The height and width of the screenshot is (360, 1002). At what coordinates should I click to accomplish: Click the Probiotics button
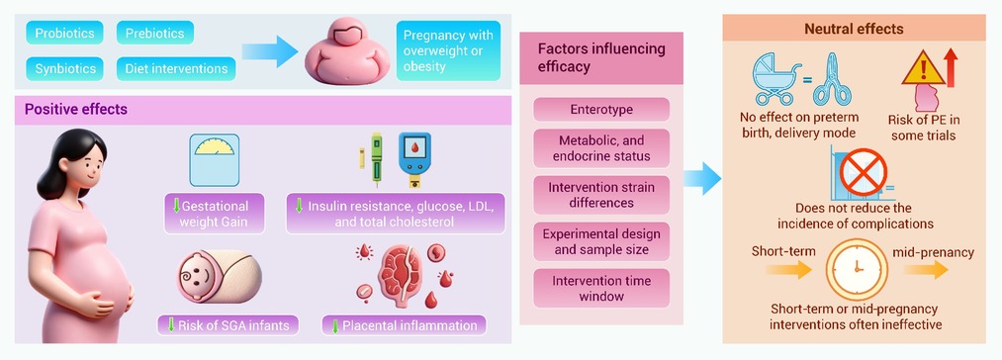64,33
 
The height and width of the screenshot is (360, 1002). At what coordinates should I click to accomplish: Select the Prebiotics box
155,33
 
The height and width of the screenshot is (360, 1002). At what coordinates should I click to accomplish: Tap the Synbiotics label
64,68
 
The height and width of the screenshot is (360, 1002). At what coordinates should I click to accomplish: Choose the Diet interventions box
176,68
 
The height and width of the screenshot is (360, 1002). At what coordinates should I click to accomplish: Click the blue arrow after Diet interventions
270,51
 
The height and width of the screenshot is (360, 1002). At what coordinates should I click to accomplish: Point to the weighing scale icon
214,160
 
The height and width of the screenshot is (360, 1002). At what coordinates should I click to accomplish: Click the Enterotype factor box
601,110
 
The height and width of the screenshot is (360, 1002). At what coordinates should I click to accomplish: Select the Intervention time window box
601,289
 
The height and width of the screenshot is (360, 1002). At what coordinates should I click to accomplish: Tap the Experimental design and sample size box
601,241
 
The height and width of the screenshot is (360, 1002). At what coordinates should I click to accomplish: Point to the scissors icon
832,79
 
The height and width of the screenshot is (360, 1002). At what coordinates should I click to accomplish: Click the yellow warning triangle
923,68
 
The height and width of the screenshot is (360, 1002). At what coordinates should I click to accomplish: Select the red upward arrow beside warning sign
951,69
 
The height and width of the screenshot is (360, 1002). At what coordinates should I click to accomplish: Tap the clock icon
857,269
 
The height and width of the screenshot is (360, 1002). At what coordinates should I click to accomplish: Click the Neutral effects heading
854,29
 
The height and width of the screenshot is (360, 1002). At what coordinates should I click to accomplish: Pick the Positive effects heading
76,110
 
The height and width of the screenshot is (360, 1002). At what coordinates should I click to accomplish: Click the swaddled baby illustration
219,276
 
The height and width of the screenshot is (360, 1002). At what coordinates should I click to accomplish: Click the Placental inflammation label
404,325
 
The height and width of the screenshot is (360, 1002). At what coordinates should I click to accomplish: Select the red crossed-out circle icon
864,171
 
